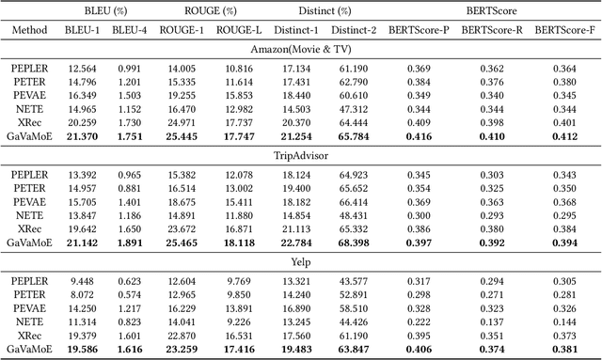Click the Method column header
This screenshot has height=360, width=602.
[x=29, y=30]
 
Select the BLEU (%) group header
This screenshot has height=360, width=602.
[x=107, y=10]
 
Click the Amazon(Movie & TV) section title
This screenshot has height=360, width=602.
[x=301, y=50]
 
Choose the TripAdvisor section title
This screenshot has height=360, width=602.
[x=301, y=153]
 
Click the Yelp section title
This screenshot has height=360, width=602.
[x=301, y=258]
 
